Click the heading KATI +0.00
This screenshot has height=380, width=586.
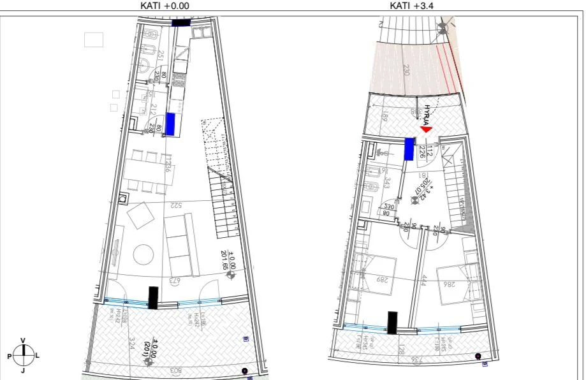pos(165,5)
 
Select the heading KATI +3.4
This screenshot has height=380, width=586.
pos(416,5)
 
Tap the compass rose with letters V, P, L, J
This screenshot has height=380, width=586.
pos(23,355)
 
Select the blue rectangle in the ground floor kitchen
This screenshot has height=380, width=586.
pos(170,124)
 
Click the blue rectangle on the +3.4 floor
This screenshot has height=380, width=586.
pos(409,149)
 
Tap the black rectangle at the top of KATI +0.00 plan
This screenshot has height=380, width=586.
pos(181,22)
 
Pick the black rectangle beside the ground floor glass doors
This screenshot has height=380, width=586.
pos(153,298)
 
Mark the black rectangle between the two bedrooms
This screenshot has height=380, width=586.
pos(393,323)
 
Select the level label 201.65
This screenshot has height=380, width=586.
pos(224,261)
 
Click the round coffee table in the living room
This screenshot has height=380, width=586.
pos(142,256)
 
